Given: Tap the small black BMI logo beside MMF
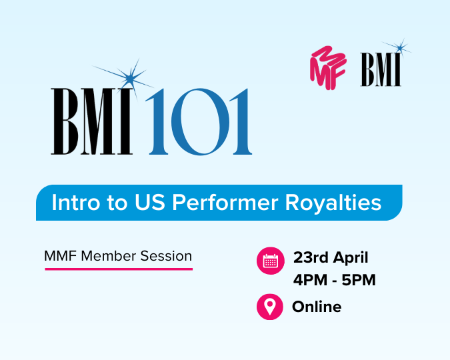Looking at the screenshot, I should pos(381,69).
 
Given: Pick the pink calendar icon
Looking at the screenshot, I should pos(270,261).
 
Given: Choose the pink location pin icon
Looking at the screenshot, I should pos(270,307).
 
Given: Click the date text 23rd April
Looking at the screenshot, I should pos(331,257).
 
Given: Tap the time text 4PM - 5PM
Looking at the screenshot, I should pos(334,280).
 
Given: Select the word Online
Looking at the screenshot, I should pos(317,307).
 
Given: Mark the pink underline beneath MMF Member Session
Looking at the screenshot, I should pos(119,269).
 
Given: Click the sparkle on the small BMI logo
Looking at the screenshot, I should pos(400,47).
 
